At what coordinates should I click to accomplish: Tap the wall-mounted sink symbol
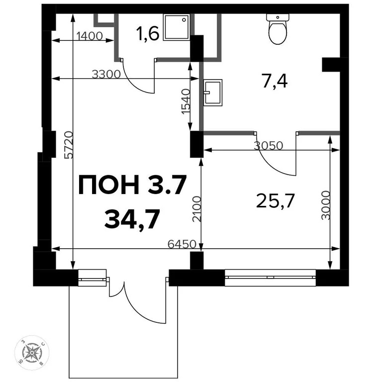(x=213, y=92)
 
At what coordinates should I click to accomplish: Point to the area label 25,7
(x=276, y=201)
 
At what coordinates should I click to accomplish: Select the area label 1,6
(x=147, y=34)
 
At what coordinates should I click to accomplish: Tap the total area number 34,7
(x=132, y=219)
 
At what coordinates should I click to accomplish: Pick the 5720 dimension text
(x=68, y=145)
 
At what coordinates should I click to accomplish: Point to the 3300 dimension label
(x=106, y=75)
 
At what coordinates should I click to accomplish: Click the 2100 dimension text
(x=196, y=209)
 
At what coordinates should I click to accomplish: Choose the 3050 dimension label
(x=268, y=146)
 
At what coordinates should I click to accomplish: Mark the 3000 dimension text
(x=326, y=205)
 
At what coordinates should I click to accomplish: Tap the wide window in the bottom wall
(x=270, y=277)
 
